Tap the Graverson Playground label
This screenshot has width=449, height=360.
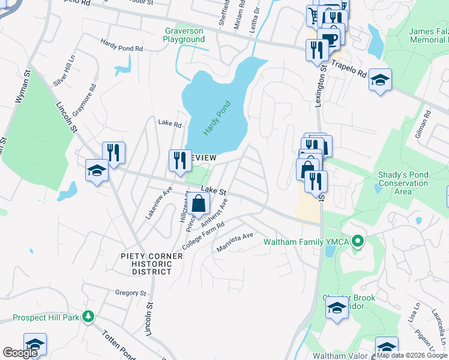click(184, 35)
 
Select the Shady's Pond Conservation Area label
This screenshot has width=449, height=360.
click(403, 183)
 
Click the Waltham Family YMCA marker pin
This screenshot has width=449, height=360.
click(358, 242)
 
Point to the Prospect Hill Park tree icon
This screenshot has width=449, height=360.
click(89, 316)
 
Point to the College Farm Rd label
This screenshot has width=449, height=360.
click(204, 236)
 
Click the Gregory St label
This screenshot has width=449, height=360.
click(131, 293)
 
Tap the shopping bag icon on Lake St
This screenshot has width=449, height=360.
click(199, 204)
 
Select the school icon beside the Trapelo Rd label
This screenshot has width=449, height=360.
click(380, 80)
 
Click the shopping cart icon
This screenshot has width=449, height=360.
click(315, 14)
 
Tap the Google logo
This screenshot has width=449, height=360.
click(20, 353)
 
